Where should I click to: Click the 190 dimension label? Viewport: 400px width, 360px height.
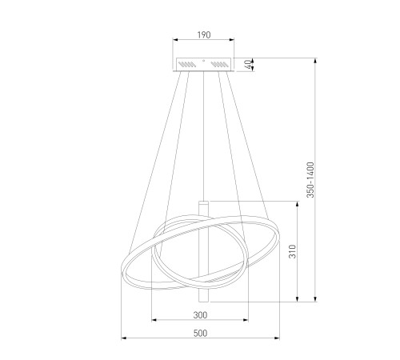coord(204,35)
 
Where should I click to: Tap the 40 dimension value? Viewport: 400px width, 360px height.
coord(248,65)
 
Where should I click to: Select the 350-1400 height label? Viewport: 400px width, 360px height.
coord(310,180)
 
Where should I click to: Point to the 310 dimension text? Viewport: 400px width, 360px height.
coord(293,251)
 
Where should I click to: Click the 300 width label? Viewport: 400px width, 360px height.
coord(200,315)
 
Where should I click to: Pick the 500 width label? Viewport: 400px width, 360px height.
coord(200,334)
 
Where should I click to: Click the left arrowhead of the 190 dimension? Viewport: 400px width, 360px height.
coord(175,40)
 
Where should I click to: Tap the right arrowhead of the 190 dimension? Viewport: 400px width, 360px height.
coord(232,40)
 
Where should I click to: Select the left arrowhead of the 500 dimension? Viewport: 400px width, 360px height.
coord(124,338)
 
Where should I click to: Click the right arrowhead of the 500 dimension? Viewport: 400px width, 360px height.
coord(277,338)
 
